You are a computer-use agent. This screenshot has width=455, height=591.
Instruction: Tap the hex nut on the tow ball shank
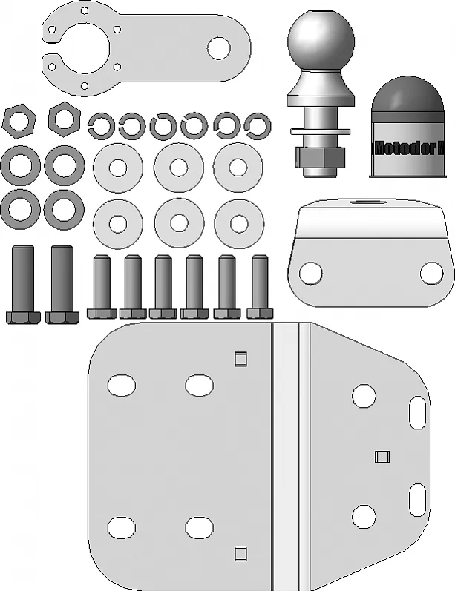coord(320,156)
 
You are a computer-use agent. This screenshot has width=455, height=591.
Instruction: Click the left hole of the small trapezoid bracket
coord(312,274)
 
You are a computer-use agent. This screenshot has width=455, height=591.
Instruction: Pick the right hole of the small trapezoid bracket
coord(431,273)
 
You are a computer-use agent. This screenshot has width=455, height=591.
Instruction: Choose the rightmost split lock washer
coord(257,125)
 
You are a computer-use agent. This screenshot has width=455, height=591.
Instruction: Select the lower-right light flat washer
coord(238,222)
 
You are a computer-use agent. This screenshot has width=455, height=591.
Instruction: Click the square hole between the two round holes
coord(382,455)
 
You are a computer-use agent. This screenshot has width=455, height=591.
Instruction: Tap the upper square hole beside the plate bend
coord(240,360)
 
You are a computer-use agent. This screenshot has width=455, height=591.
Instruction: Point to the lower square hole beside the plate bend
coord(240,552)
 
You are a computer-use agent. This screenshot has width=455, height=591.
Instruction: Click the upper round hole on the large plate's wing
coord(364,396)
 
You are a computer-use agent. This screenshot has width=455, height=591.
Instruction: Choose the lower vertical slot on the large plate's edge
coord(418,498)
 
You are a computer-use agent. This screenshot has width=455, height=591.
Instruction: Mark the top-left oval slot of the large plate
coord(121,386)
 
